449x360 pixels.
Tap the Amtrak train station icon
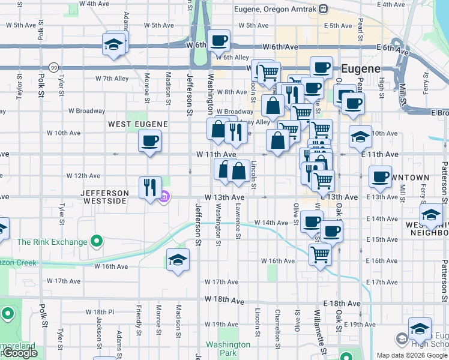coord(324,9)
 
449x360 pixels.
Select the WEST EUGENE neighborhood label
coord(137,124)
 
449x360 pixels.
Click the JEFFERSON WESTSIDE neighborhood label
coord(105,196)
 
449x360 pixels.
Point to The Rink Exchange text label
coord(52,242)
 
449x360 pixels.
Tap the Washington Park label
coord(228,349)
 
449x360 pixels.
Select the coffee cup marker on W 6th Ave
coord(220,41)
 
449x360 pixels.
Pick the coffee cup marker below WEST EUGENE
coord(149,142)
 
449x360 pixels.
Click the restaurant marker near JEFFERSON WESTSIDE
coord(149,187)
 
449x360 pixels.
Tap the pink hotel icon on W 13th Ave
coord(164,196)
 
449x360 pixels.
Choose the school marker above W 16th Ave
coord(178,260)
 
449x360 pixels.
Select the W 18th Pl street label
coord(100,312)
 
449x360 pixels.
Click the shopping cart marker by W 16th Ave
coord(320,254)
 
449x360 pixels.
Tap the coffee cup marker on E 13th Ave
coord(380,177)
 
